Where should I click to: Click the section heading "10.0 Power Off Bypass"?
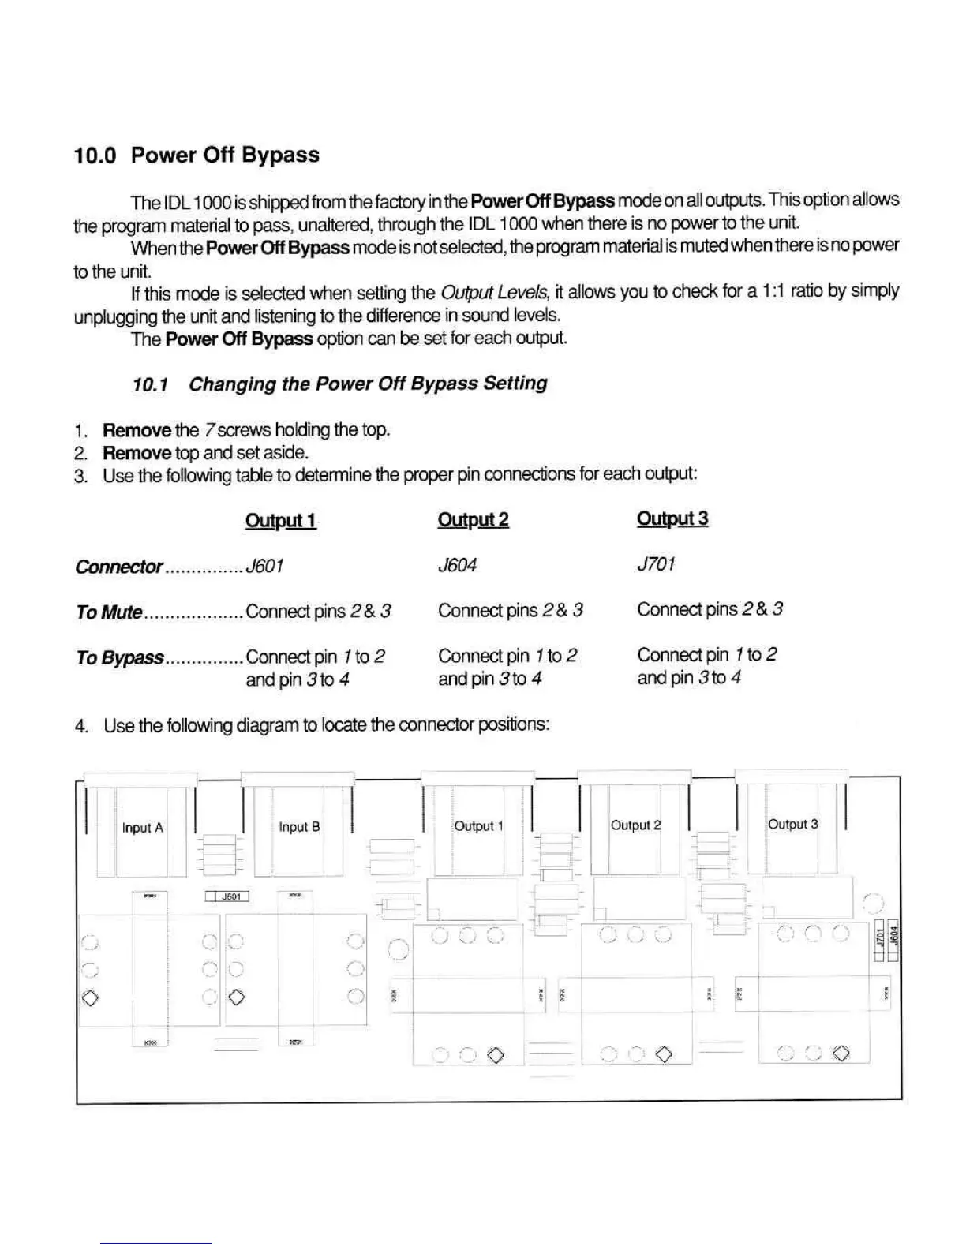pyautogui.click(x=197, y=155)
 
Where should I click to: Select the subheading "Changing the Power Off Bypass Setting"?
pyautogui.click(x=368, y=384)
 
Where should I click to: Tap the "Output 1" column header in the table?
pyautogui.click(x=280, y=520)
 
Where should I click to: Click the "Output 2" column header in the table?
pyautogui.click(x=473, y=519)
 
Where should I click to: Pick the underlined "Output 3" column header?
pyautogui.click(x=672, y=518)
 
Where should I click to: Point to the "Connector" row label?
pyautogui.click(x=118, y=567)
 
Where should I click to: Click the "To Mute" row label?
pyautogui.click(x=109, y=612)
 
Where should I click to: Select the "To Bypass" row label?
pyautogui.click(x=119, y=657)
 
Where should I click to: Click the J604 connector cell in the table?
pyautogui.click(x=457, y=565)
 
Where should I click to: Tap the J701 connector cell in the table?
pyautogui.click(x=656, y=564)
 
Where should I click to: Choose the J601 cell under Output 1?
pyautogui.click(x=264, y=566)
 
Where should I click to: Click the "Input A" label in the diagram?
pyautogui.click(x=142, y=828)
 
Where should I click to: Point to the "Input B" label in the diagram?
pyautogui.click(x=299, y=827)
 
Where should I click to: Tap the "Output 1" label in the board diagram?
pyautogui.click(x=477, y=826)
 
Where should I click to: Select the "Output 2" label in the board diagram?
pyautogui.click(x=635, y=825)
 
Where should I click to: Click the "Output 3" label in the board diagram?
pyautogui.click(x=792, y=825)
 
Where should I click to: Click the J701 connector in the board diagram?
pyautogui.click(x=880, y=939)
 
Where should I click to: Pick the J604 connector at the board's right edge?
pyautogui.click(x=894, y=937)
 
